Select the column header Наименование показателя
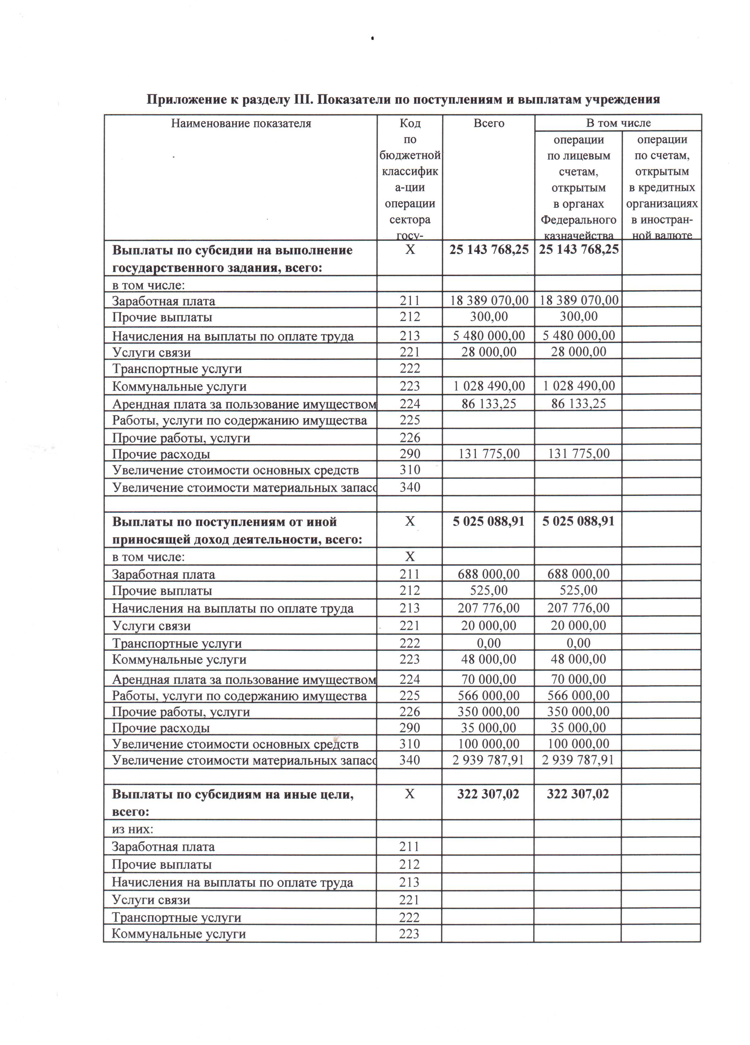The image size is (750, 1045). (x=241, y=123)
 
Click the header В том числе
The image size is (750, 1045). (x=618, y=123)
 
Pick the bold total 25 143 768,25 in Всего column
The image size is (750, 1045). (x=488, y=250)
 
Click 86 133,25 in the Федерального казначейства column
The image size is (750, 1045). (x=578, y=404)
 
